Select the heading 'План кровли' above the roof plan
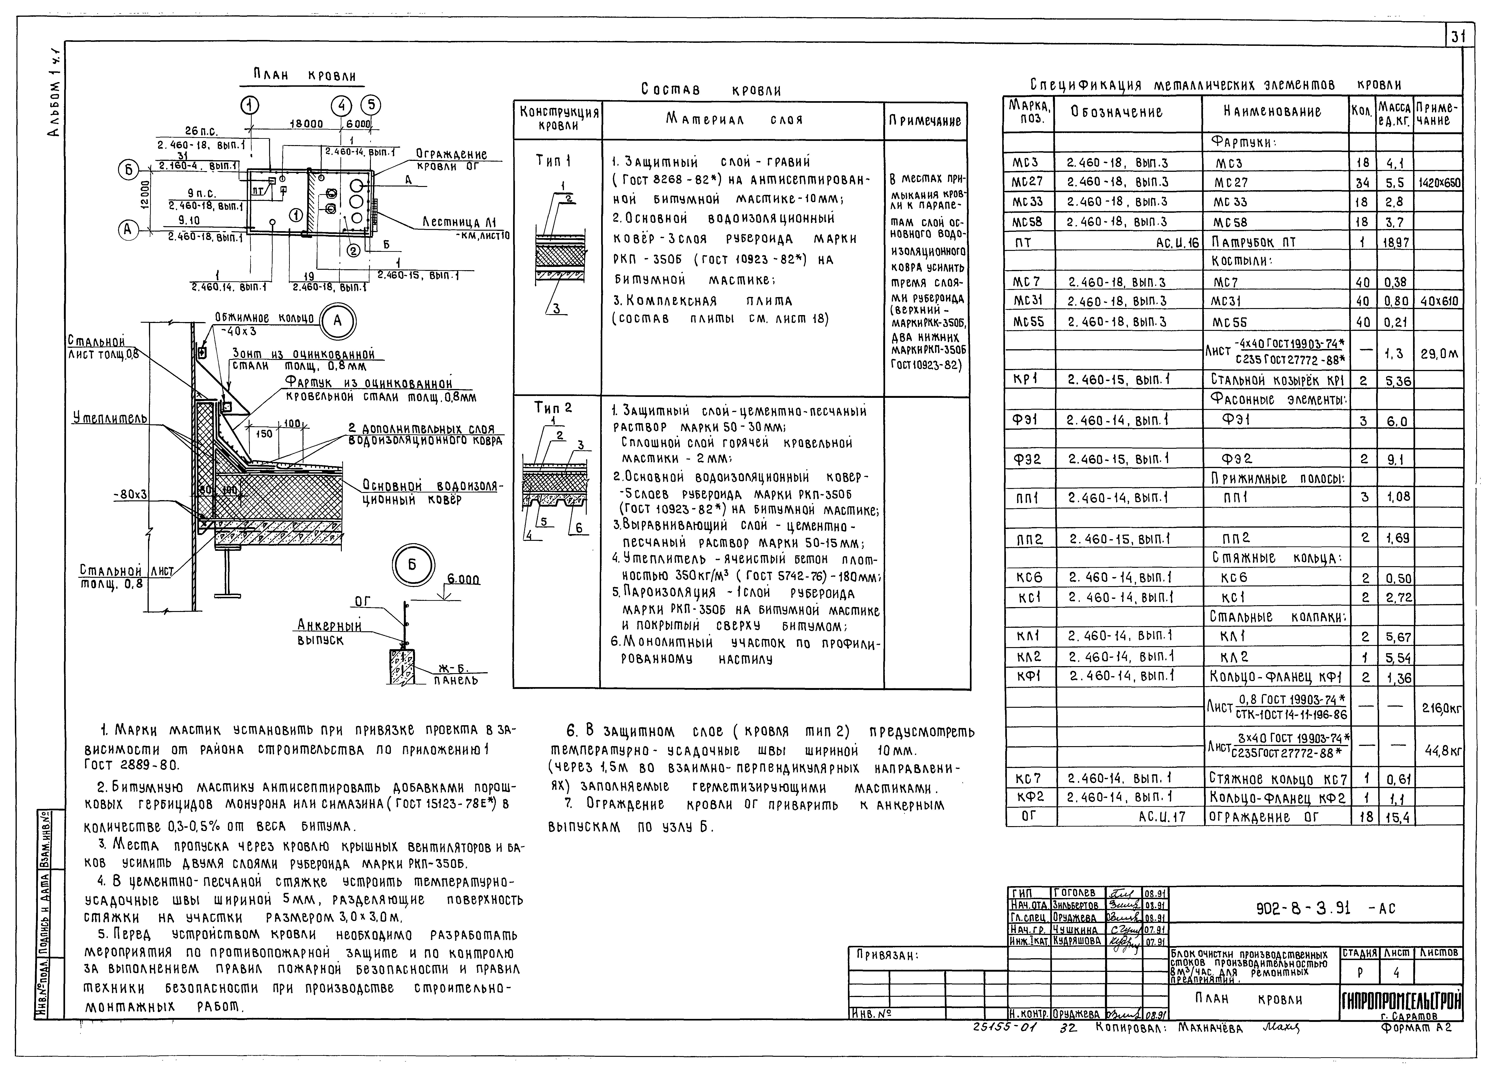tap(305, 76)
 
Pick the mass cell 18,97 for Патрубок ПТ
tap(1395, 242)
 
